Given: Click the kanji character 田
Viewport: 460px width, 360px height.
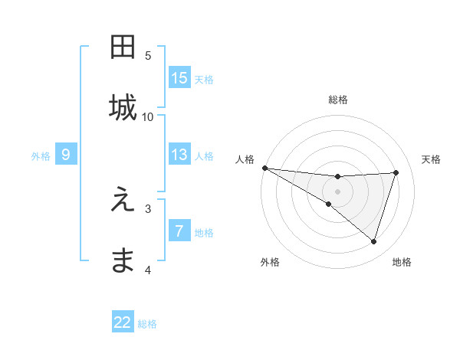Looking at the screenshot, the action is pyautogui.click(x=123, y=47).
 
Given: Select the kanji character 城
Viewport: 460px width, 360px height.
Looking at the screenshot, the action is pyautogui.click(x=123, y=108).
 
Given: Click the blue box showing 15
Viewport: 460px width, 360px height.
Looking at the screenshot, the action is pyautogui.click(x=179, y=77).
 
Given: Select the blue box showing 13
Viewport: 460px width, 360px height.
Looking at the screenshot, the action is pyautogui.click(x=179, y=155).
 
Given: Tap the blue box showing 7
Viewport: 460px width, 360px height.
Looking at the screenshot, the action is pyautogui.click(x=179, y=231).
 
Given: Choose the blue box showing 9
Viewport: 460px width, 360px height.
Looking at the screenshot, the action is pyautogui.click(x=66, y=155).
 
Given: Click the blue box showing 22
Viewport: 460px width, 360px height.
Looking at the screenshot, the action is pyautogui.click(x=123, y=322).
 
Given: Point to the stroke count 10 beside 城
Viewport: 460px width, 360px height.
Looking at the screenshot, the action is pyautogui.click(x=148, y=116).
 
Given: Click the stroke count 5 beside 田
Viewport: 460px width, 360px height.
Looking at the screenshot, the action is pyautogui.click(x=148, y=55).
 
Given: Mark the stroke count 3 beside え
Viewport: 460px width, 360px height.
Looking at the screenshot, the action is pyautogui.click(x=148, y=208).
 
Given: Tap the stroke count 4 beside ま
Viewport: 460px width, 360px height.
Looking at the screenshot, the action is pyautogui.click(x=148, y=270).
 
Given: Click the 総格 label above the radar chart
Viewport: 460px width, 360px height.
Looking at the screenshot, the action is pyautogui.click(x=338, y=100).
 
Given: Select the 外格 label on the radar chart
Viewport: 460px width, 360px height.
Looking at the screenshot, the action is pyautogui.click(x=269, y=262).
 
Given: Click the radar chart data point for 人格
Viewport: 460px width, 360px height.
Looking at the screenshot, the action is pyautogui.click(x=264, y=168).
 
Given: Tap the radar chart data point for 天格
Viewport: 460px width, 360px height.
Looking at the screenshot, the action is pyautogui.click(x=396, y=172).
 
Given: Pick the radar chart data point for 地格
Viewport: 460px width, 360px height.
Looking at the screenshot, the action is pyautogui.click(x=374, y=242).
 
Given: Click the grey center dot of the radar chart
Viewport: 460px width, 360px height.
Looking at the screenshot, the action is pyautogui.click(x=338, y=191).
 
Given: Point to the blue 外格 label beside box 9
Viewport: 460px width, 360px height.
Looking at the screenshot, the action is pyautogui.click(x=41, y=155).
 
